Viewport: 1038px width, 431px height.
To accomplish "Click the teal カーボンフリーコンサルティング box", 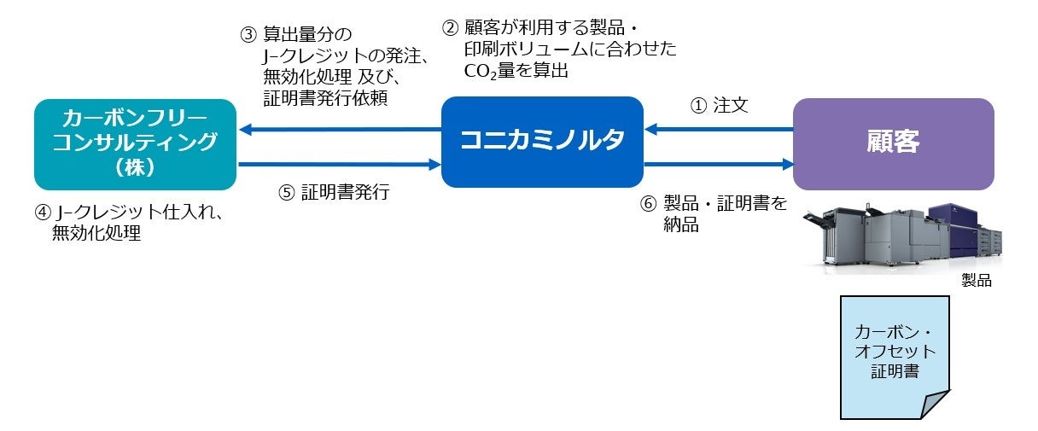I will [x=135, y=143].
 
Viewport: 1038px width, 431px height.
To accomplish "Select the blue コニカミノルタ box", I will [x=542, y=141].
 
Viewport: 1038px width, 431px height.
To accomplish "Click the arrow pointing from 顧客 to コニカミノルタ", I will [x=718, y=131].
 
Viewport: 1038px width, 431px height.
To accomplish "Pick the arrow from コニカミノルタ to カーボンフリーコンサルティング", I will [x=340, y=131].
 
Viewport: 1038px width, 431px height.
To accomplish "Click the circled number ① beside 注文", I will [x=697, y=108].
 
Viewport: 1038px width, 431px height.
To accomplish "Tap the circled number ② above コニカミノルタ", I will [x=450, y=26].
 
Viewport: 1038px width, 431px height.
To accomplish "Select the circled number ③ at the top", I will [x=248, y=36].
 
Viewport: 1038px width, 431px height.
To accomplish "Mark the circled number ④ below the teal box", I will [x=41, y=213].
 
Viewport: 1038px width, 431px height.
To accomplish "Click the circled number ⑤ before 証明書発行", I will [x=286, y=192].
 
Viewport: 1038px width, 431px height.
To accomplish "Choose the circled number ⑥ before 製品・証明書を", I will [x=649, y=204].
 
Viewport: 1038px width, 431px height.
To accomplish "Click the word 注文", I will [x=731, y=108].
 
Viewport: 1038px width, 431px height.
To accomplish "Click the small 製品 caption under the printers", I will [x=977, y=280].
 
